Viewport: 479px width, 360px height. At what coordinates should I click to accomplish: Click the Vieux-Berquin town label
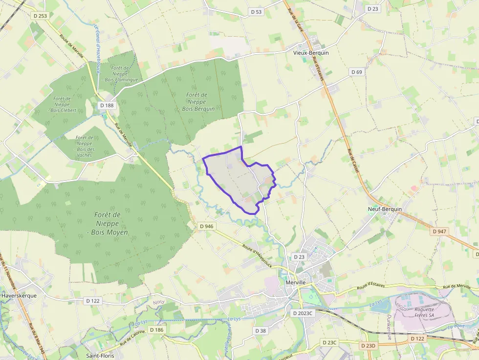(311, 53)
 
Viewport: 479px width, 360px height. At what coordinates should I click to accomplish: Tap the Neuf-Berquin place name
(385, 209)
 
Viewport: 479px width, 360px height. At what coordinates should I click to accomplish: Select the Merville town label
(295, 282)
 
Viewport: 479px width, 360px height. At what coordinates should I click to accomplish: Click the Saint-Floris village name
(100, 356)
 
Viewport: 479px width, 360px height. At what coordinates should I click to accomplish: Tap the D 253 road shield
(41, 16)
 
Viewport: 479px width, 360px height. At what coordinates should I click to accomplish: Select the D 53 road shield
(256, 12)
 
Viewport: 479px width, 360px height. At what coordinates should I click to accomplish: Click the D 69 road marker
(357, 72)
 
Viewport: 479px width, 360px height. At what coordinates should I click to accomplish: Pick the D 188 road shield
(107, 105)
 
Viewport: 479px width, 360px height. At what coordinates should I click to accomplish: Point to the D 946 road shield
(207, 226)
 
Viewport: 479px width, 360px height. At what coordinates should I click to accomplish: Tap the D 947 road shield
(439, 231)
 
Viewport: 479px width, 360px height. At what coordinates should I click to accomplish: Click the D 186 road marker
(157, 330)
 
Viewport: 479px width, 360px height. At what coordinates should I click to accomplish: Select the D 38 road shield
(261, 331)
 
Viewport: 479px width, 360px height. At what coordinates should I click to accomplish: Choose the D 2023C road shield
(302, 313)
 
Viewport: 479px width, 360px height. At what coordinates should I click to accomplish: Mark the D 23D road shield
(368, 346)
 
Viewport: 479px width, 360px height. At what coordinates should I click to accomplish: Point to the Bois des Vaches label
(84, 146)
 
